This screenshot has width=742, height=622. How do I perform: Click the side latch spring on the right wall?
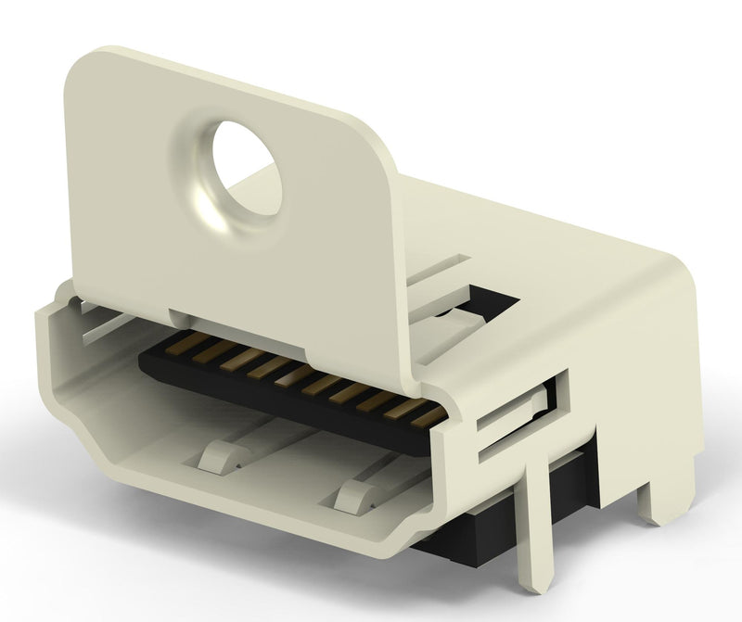[x=519, y=413]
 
